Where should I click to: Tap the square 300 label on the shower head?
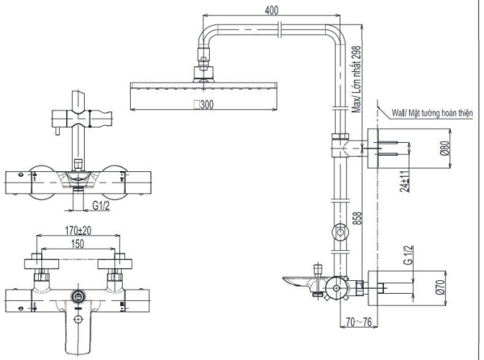click(x=203, y=105)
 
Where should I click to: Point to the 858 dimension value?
click(x=356, y=217)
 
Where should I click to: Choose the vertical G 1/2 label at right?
click(x=408, y=258)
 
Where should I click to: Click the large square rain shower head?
click(x=202, y=95)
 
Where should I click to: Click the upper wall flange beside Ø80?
click(x=376, y=149)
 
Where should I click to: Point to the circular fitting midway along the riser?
click(x=340, y=234)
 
